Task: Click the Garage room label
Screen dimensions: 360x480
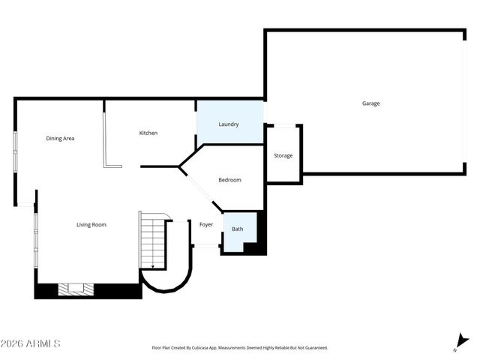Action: [370, 103]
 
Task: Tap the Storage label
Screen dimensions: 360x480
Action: [283, 156]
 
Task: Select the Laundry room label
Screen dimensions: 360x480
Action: [229, 124]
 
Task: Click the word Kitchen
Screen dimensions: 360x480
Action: [148, 133]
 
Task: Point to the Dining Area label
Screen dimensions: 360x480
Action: [60, 138]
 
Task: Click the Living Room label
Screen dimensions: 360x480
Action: [91, 225]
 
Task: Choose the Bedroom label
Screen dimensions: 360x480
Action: [229, 180]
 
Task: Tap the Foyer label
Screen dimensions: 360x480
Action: [206, 225]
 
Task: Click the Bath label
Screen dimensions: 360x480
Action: [237, 229]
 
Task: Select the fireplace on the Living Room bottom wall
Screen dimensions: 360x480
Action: [76, 288]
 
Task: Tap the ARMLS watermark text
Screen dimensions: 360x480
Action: [31, 343]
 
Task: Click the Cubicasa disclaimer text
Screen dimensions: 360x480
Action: [239, 348]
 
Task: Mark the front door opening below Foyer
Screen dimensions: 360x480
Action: [206, 246]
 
